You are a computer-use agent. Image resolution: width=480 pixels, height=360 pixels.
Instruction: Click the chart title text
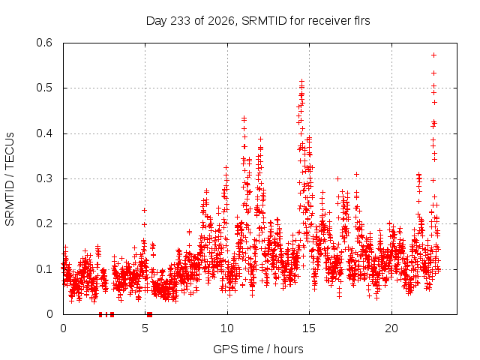point(258,21)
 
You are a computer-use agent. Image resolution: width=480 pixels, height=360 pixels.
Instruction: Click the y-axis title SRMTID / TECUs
point(10,179)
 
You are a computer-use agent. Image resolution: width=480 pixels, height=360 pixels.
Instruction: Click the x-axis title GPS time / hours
point(258,349)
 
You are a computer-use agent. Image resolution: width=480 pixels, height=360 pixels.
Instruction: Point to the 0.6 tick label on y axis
point(44,43)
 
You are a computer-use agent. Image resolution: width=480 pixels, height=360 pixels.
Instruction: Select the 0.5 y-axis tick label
point(44,88)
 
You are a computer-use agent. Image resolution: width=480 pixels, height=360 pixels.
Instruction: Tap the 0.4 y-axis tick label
point(44,133)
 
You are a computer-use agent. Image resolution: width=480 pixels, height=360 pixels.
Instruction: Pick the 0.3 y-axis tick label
point(44,178)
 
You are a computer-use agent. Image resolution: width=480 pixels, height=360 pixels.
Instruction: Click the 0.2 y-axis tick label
point(44,223)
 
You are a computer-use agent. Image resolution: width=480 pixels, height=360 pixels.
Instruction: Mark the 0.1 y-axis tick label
point(44,269)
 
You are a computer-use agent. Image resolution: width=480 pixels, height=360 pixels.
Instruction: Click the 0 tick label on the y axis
point(49,314)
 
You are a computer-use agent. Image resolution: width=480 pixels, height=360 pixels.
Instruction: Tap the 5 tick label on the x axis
point(145,328)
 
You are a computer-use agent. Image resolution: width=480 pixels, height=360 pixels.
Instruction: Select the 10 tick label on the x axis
point(227,328)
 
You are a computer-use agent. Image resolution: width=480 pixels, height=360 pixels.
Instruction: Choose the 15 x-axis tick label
point(309,328)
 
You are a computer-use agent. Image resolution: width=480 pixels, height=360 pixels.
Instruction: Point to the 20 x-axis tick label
point(391,328)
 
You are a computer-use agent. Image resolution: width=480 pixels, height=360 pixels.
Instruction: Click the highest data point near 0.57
point(433,55)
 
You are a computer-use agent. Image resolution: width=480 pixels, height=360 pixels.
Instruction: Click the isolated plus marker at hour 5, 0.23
point(144,210)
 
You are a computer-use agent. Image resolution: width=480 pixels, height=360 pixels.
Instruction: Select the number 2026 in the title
point(221,21)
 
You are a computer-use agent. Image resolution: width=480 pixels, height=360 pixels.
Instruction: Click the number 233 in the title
point(181,21)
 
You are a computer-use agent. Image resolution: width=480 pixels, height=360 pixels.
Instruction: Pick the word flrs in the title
point(361,21)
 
